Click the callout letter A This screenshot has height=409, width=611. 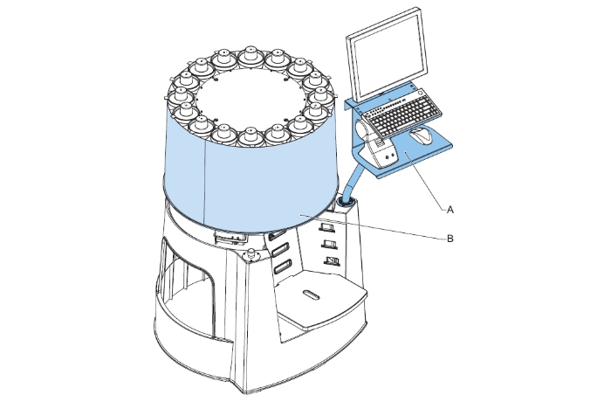[x=450, y=210]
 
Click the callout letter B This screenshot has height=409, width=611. [x=450, y=239]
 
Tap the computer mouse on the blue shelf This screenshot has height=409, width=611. [x=422, y=135]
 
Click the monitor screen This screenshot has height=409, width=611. [x=387, y=55]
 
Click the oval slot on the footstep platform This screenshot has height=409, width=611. [x=311, y=295]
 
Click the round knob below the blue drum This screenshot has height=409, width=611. [x=251, y=254]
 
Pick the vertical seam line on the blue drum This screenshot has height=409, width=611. [x=205, y=183]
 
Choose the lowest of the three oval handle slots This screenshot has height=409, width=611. [x=283, y=267]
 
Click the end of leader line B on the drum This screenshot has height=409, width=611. [x=300, y=214]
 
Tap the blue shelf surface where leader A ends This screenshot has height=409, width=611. [x=405, y=153]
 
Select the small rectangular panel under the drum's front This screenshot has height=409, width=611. [x=230, y=238]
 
